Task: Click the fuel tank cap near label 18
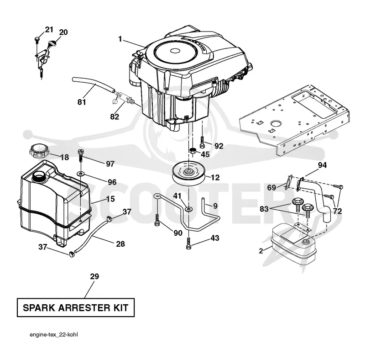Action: [39, 151]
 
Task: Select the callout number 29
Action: [94, 276]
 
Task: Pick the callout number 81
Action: [82, 102]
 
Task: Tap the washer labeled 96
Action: [81, 174]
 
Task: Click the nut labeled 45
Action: [193, 151]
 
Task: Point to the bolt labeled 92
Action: [202, 142]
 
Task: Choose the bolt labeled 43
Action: [189, 243]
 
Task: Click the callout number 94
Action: [322, 165]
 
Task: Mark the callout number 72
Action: [337, 211]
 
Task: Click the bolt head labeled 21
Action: [37, 39]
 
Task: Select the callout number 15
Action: [110, 199]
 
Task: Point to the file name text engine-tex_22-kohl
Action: [54, 335]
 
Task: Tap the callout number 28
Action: [120, 244]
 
